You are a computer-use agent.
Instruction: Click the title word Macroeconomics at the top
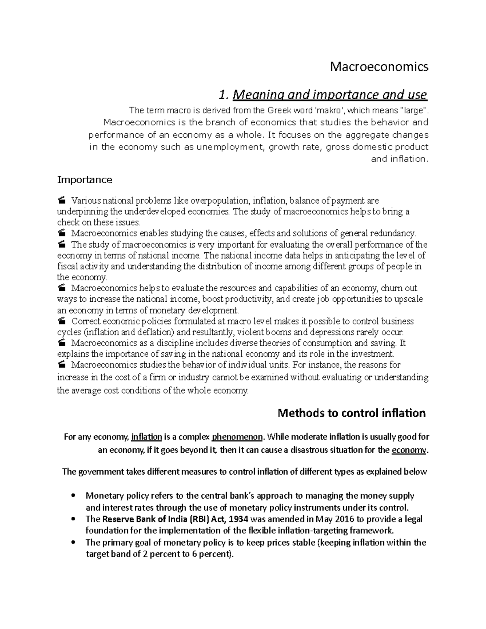(x=379, y=66)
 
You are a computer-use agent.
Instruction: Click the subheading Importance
(x=85, y=179)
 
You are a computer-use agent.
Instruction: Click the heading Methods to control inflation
(x=351, y=413)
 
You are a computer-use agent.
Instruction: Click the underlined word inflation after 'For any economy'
(x=147, y=437)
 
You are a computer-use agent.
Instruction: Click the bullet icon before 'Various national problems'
(x=62, y=200)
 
